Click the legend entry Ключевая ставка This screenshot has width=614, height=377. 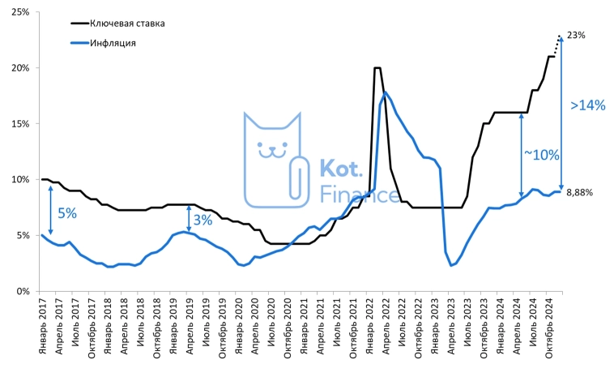tap(126, 24)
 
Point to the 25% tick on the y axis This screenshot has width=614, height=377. tap(19, 12)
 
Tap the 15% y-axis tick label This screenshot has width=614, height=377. tap(19, 124)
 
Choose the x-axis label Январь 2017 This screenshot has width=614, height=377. tap(43, 326)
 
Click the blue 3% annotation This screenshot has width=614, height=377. tap(202, 220)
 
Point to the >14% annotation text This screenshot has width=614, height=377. tap(587, 105)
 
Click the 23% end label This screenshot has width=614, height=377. tap(576, 36)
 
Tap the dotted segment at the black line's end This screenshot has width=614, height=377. tap(556, 45)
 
